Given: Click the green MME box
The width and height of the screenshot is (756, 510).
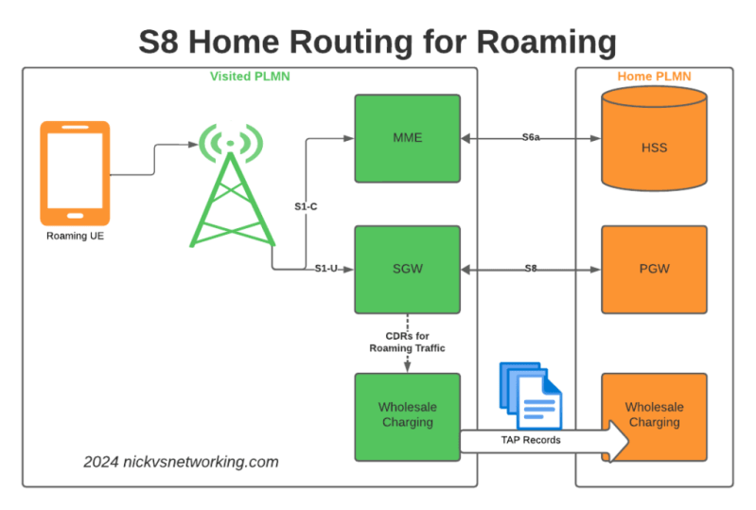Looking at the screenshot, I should pos(407,138).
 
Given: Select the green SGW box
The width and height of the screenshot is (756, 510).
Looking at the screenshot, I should pos(407,269).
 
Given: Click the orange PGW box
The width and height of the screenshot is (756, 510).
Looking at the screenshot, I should pos(654,269).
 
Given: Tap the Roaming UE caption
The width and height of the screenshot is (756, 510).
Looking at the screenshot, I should pos(75,236).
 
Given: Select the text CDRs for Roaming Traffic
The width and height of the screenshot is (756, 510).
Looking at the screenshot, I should pos(407,342).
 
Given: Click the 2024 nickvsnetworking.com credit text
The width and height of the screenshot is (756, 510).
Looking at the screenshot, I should pos(180,462).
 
